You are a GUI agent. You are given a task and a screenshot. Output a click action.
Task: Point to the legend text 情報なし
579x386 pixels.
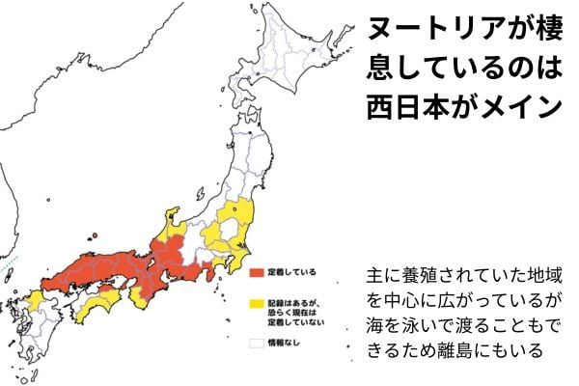[x=283, y=341]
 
